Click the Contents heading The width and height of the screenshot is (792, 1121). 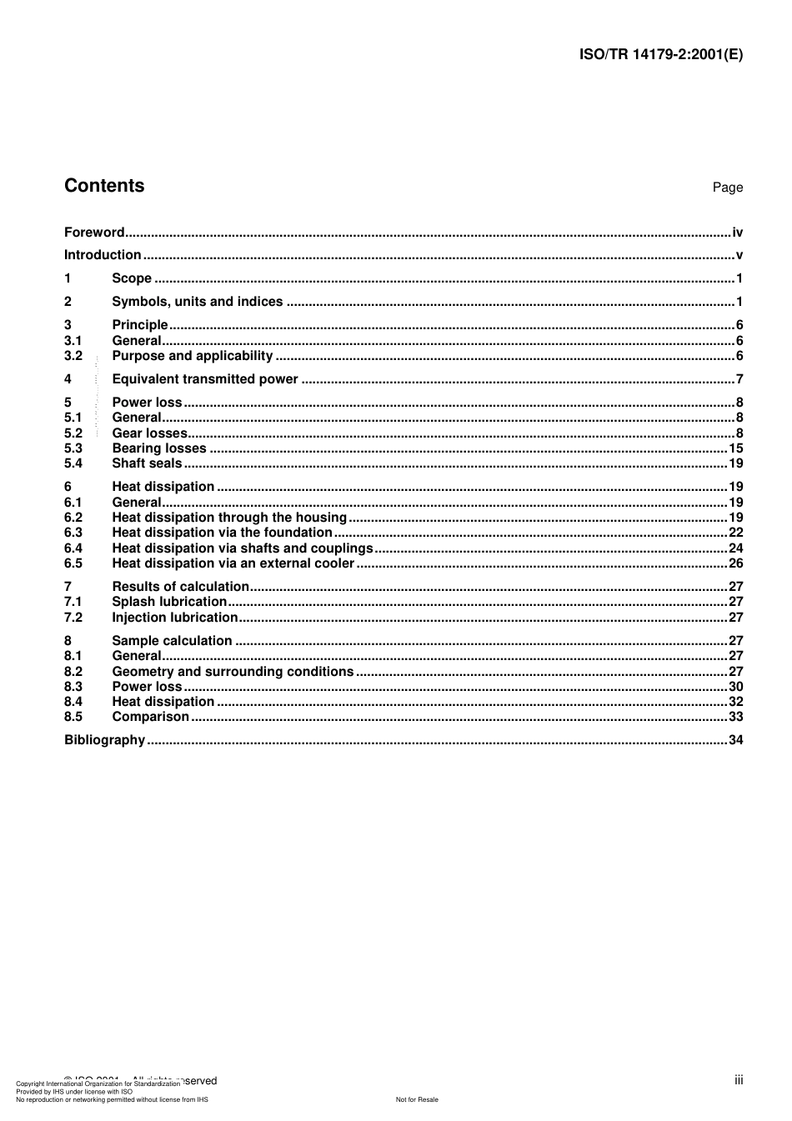coord(104,186)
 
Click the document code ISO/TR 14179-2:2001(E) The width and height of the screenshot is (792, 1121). coord(660,55)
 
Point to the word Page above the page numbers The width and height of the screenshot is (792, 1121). coord(727,188)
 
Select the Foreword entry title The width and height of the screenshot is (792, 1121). coord(94,233)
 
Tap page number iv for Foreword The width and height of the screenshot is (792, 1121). coord(737,233)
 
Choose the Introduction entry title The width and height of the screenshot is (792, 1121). coord(103,255)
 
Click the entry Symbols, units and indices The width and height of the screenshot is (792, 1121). coord(198,302)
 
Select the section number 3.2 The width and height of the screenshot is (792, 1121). coord(73,356)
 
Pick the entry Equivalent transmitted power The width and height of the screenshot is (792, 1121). coord(205,379)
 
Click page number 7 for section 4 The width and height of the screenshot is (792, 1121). coord(739,379)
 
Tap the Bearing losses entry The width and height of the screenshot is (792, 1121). coord(159,448)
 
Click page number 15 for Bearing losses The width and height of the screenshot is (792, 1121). coord(735,448)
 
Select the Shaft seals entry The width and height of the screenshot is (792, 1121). coord(147,463)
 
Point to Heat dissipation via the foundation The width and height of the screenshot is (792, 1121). coord(222,533)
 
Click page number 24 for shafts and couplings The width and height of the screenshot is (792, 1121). coord(735,548)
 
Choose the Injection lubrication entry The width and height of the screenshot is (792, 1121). coord(175,618)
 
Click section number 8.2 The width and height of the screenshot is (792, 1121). coord(73,672)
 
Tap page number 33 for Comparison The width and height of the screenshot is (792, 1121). coord(735,717)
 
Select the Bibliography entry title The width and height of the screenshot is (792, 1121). coord(105,740)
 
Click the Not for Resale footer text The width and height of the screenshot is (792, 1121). coord(417,1099)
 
